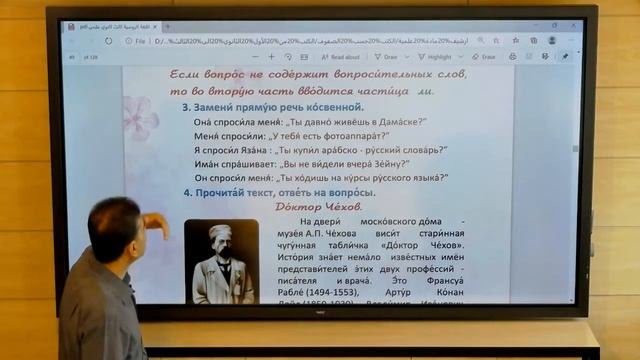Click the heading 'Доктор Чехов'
(x=317, y=206)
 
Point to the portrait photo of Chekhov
(x=222, y=262)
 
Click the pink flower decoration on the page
(x=140, y=117)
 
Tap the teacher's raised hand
(x=156, y=222)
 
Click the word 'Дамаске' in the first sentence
(x=394, y=121)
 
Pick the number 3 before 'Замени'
(x=186, y=106)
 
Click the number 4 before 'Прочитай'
(x=187, y=192)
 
